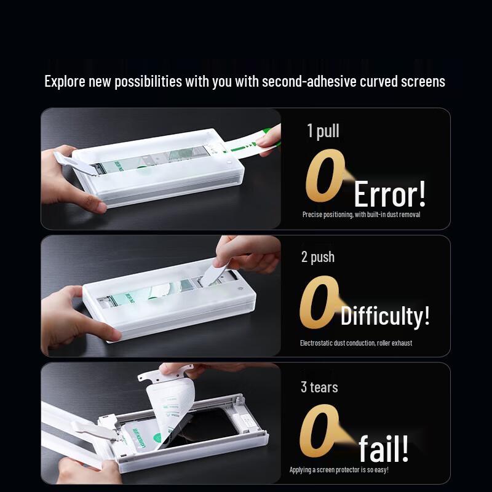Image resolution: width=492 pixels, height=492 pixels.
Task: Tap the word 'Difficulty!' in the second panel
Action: coord(385,317)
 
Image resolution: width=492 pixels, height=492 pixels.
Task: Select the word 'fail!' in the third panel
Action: coord(384,448)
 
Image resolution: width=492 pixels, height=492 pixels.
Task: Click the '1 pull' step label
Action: coord(323,131)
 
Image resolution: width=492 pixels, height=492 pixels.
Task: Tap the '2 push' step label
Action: coord(317,257)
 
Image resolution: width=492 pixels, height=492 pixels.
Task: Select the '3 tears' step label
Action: coord(319,387)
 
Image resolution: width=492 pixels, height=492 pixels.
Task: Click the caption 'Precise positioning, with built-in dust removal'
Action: coord(361,215)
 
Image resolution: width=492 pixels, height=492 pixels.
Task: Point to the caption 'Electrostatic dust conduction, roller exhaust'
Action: coord(355,343)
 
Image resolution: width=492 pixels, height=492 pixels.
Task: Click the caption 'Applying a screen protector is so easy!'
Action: coord(339,470)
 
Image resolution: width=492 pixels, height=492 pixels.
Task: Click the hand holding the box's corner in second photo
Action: coord(68,314)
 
